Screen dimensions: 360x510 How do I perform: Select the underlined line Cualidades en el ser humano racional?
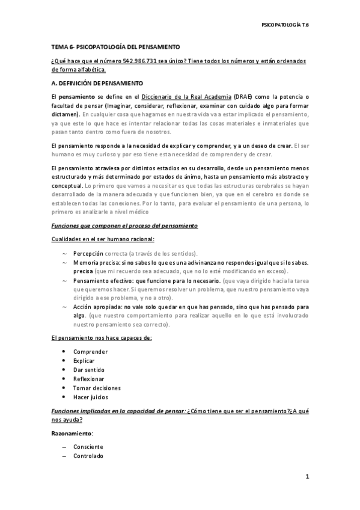pos(103,239)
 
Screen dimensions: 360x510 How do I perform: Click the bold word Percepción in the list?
pos(88,253)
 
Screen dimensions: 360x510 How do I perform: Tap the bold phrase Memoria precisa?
pos(95,263)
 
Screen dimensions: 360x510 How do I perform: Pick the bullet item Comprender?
pos(91,351)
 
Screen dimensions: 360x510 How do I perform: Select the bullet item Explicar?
pos(84,360)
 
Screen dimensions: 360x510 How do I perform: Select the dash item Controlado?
pos(88,456)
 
